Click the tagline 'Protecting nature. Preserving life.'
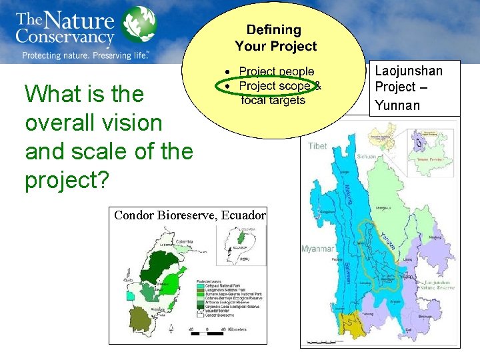(85, 55)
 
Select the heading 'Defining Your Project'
(275, 38)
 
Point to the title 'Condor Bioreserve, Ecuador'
(190, 215)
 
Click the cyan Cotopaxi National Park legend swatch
(200, 287)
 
